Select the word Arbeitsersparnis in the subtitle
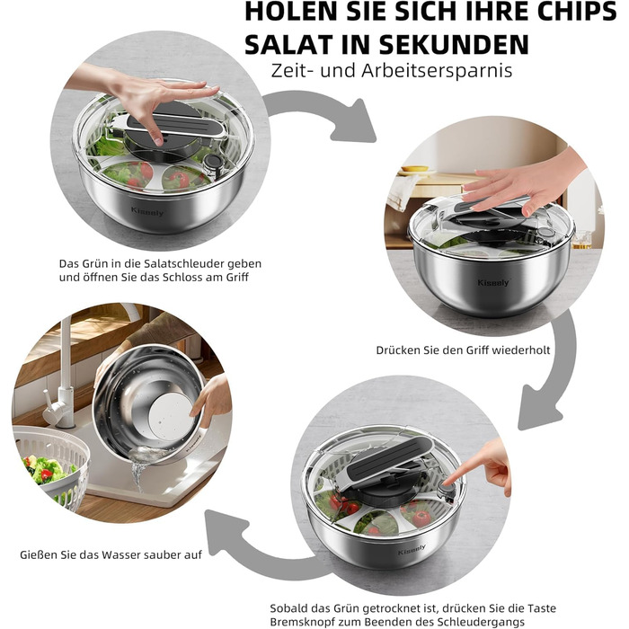coord(437,71)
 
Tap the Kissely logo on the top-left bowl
coord(147,211)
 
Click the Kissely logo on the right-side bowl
coord(493,283)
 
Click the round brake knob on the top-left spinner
coord(212,164)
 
